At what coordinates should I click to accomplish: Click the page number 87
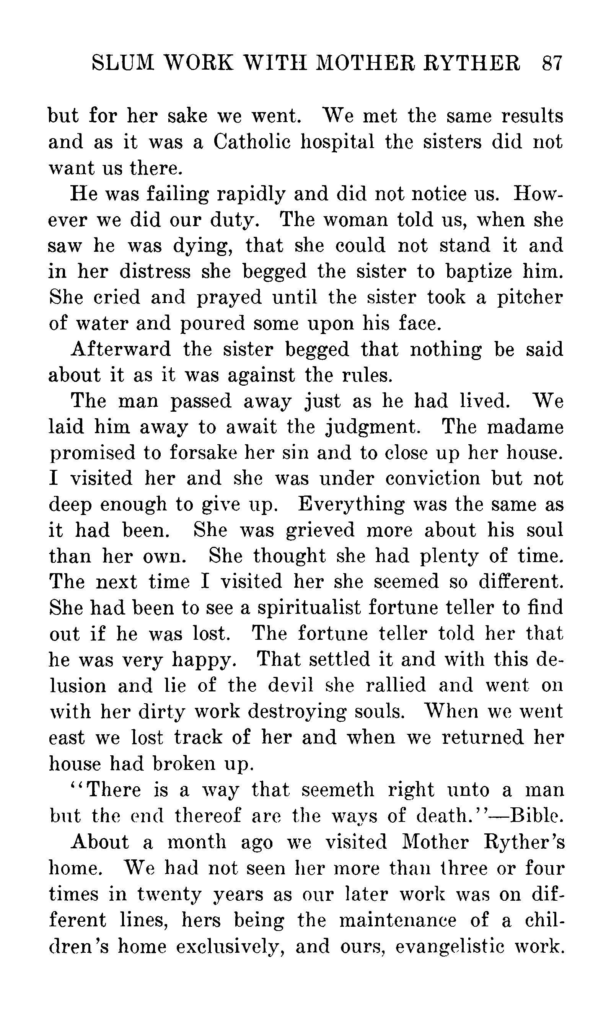point(552,64)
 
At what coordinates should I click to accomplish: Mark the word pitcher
point(530,298)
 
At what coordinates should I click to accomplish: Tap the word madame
point(525,427)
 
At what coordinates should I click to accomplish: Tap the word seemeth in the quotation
point(337,789)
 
